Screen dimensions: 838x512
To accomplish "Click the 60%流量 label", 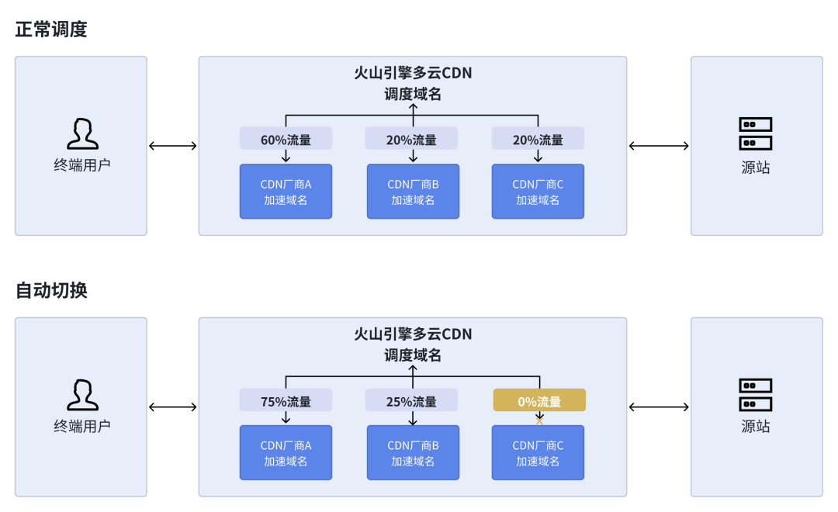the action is (x=286, y=140).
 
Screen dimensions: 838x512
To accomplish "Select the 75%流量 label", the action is (x=286, y=401).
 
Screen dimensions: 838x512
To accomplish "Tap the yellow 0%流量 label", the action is (x=539, y=401).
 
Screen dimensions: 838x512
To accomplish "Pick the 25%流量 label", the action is (x=411, y=401).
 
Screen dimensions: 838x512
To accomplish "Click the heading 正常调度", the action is (x=51, y=29).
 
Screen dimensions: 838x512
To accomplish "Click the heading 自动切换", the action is (x=51, y=290).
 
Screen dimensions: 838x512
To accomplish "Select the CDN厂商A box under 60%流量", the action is (x=286, y=192).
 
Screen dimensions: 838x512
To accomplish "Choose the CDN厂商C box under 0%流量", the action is (x=538, y=453).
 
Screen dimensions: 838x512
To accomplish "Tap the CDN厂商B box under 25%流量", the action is (x=413, y=453).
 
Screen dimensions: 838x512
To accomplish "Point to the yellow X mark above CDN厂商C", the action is (x=540, y=421).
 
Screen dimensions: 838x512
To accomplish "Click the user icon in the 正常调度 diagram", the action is (x=82, y=133).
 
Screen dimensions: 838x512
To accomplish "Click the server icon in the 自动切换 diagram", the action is (x=756, y=395).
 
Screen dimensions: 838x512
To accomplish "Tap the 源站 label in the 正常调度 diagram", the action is (x=756, y=168).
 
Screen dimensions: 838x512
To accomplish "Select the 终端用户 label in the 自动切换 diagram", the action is (x=82, y=426).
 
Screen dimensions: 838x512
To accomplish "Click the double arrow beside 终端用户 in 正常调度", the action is (x=172, y=145).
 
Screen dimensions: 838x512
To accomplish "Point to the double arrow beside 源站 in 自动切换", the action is (x=659, y=407).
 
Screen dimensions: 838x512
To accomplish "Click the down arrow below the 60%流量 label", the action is (x=286, y=156).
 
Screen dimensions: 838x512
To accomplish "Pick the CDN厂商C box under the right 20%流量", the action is (x=538, y=192).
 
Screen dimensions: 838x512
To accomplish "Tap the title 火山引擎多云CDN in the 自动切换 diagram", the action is (x=413, y=334).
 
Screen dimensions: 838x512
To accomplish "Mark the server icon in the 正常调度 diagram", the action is (x=756, y=133).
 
